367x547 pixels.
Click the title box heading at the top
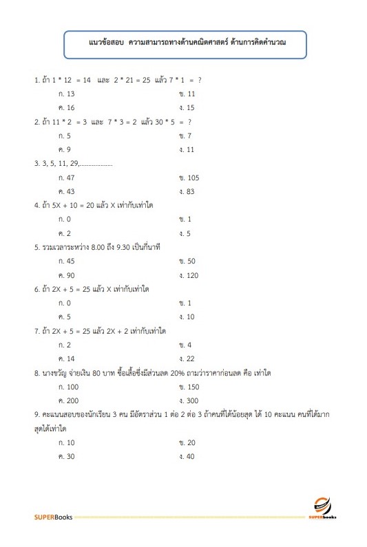183,43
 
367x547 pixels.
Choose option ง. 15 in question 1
187,107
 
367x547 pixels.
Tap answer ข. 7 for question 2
185,136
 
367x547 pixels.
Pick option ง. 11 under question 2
187,149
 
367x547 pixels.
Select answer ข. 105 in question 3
188,178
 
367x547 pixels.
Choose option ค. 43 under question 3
67,191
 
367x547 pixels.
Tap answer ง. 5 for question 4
185,233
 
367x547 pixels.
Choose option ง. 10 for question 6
187,317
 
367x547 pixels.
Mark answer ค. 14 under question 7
67,359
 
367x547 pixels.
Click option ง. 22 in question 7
187,359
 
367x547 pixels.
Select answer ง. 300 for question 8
188,400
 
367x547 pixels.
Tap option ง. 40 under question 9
187,456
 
